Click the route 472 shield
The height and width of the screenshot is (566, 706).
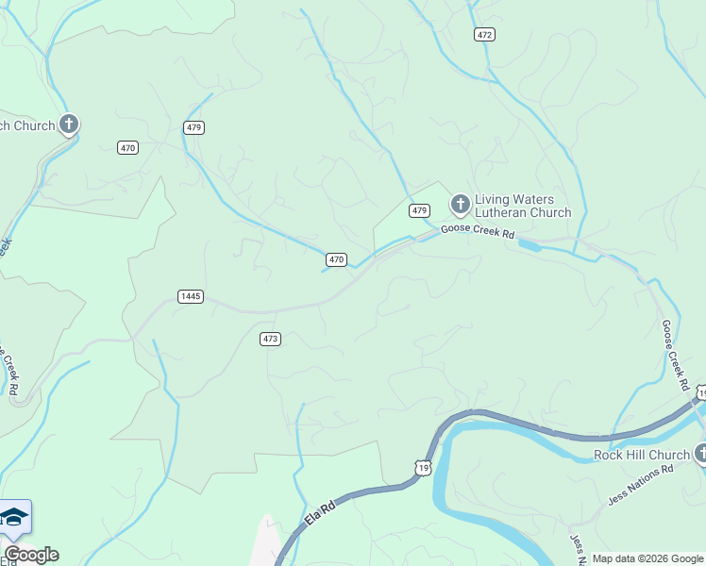click(484, 34)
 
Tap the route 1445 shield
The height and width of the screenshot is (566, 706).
click(190, 296)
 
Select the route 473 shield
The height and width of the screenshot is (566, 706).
click(271, 339)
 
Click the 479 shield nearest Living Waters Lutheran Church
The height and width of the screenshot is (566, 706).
click(420, 209)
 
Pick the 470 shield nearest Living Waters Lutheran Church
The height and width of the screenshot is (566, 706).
click(337, 259)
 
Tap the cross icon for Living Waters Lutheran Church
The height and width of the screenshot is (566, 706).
click(460, 204)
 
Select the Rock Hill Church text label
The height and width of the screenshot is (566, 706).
click(641, 455)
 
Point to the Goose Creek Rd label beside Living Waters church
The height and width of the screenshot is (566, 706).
click(478, 232)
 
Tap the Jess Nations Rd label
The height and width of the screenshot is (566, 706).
click(639, 482)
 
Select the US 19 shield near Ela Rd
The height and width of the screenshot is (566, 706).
click(424, 467)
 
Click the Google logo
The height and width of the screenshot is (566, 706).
click(31, 555)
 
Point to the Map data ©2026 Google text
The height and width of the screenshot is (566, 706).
click(648, 558)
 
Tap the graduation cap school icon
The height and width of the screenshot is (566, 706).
click(14, 517)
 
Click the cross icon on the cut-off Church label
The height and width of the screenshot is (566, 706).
click(68, 124)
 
